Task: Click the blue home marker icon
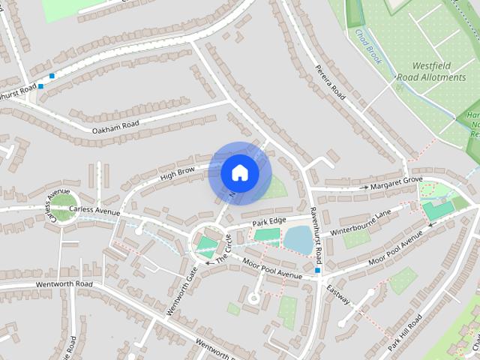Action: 240,173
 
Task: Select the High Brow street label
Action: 177,174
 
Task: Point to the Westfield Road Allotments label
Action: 439,71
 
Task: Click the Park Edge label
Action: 269,222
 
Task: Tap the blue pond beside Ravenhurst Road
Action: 298,240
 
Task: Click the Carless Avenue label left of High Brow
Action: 94,211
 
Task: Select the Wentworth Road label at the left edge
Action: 46,284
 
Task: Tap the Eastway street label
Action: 338,291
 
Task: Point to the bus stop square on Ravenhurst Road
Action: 318,270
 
